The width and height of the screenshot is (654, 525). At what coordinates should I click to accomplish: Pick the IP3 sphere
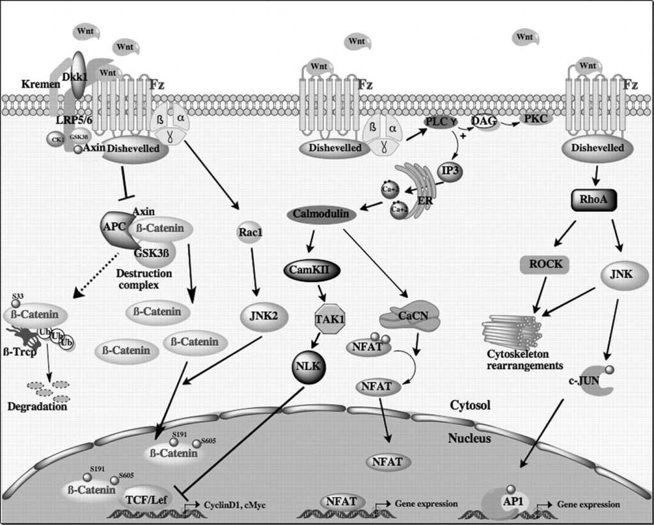coord(450,172)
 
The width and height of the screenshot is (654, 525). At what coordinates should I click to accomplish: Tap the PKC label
coord(538,119)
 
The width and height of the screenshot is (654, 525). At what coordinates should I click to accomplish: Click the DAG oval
coord(484,120)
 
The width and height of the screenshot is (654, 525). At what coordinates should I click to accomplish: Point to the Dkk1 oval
coord(79,75)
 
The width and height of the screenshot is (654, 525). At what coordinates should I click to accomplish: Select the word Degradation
coord(37,406)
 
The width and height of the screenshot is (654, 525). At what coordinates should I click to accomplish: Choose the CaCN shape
coord(410,316)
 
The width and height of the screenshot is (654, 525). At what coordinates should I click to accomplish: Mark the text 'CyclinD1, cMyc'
coord(235,505)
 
